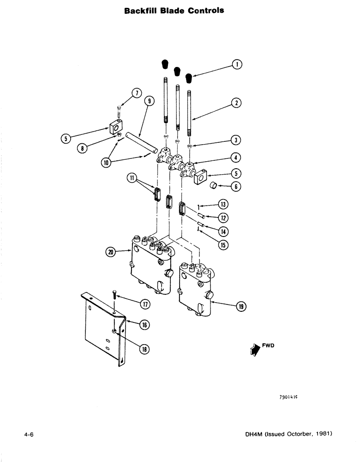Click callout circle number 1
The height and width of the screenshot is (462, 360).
click(x=236, y=65)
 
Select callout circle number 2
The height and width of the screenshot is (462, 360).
click(x=236, y=103)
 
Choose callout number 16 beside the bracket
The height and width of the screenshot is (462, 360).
click(x=144, y=325)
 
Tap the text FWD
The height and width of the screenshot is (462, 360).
click(x=268, y=345)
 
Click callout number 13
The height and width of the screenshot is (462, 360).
click(x=224, y=204)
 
